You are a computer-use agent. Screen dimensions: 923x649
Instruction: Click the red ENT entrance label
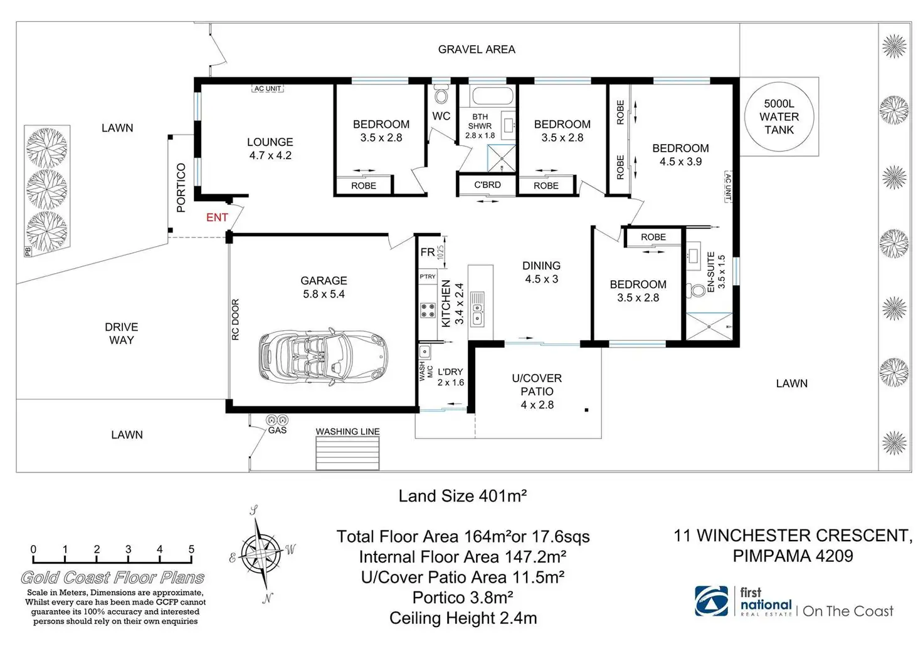click(x=217, y=217)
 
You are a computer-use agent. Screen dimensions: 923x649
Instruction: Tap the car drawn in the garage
click(x=324, y=356)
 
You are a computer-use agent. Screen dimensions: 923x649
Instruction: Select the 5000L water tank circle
click(x=779, y=117)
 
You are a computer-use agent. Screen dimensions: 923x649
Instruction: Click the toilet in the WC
click(x=441, y=94)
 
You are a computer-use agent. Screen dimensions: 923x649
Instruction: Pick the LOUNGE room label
click(x=270, y=142)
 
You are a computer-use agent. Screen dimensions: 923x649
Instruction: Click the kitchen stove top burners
click(x=428, y=310)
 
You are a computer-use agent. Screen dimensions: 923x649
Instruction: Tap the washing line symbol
click(x=347, y=453)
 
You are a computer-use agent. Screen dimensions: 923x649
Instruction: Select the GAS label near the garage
click(x=277, y=430)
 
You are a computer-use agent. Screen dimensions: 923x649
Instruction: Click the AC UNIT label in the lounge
click(x=268, y=88)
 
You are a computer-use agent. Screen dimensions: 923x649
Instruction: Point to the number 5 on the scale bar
click(x=192, y=549)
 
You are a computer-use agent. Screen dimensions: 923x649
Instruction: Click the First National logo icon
click(x=712, y=601)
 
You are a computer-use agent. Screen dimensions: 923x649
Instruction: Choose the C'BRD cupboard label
click(x=487, y=185)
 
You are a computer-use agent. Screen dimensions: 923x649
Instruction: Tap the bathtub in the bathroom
click(x=492, y=95)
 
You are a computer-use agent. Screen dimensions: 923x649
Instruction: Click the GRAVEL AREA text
click(x=477, y=49)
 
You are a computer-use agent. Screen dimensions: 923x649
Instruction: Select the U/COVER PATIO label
click(x=537, y=385)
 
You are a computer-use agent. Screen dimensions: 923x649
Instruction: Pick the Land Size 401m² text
click(x=462, y=496)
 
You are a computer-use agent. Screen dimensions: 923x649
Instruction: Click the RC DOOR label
click(x=235, y=319)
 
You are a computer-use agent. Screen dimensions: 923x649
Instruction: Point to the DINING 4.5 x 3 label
click(x=541, y=272)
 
